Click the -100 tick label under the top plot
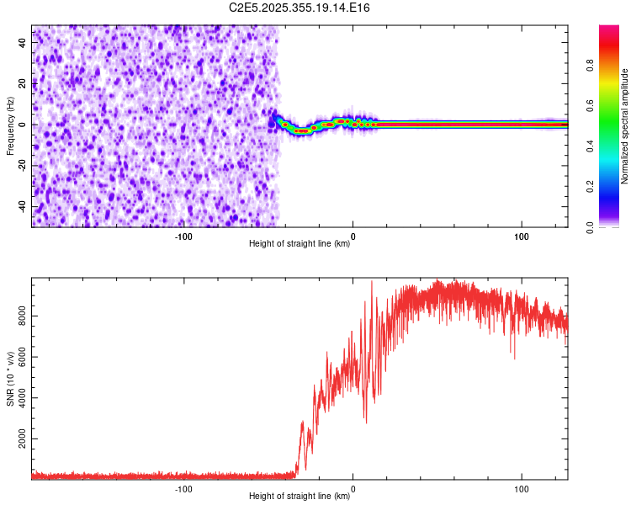[183, 236]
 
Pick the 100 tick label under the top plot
[521, 236]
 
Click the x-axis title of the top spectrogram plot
[300, 244]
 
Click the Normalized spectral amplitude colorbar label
[625, 126]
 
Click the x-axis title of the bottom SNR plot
[300, 497]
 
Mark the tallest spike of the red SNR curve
[372, 283]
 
